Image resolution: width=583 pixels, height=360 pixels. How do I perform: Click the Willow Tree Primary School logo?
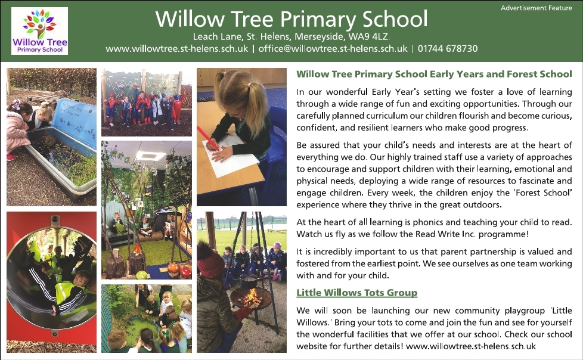[39, 31]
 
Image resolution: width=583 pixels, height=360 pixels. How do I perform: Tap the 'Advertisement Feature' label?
[536, 8]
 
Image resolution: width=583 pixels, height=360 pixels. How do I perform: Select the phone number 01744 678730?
[448, 49]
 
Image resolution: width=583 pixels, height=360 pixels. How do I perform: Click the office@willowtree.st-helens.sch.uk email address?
[333, 49]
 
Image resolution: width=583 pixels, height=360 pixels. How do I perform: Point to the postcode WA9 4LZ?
[368, 37]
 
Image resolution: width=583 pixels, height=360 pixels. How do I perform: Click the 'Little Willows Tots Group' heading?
[357, 293]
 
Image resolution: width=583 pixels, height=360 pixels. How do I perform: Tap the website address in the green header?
[176, 49]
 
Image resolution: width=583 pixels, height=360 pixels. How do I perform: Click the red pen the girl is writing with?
[208, 138]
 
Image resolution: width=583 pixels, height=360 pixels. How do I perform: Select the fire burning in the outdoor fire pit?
[250, 297]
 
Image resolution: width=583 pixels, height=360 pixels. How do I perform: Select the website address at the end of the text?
[471, 346]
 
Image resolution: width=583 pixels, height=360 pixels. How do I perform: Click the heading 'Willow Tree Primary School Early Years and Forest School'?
[434, 74]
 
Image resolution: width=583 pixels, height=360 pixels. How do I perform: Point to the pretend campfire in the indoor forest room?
[138, 248]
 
